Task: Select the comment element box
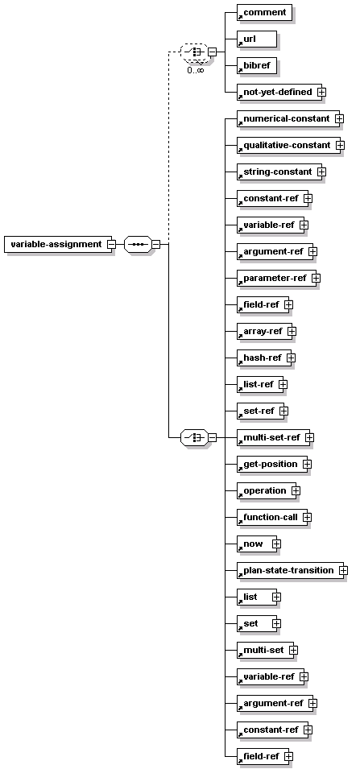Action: point(264,13)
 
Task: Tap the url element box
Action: point(257,39)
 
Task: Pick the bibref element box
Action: point(257,65)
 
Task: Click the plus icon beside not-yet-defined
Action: point(321,92)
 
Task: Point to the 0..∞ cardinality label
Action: point(195,69)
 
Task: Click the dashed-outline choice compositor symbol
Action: point(194,52)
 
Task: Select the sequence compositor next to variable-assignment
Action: point(138,244)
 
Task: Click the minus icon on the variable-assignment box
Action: point(111,244)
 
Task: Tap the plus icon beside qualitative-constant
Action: point(341,145)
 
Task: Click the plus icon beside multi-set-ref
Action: point(309,437)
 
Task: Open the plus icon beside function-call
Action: point(308,517)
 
